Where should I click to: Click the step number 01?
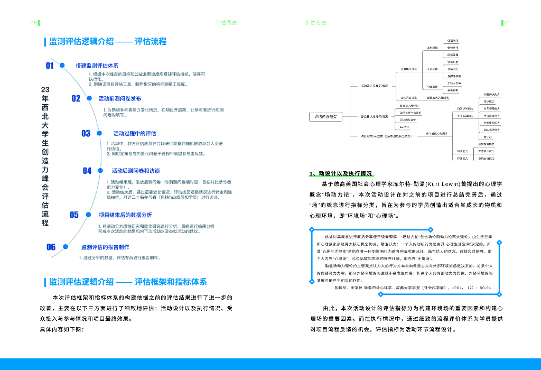pos(50,66)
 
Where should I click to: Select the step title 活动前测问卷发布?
pos(119,99)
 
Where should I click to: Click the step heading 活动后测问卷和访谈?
pos(135,171)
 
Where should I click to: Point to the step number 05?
pos(74,215)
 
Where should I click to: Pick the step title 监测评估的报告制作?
pos(105,247)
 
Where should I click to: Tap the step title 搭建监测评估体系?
pos(97,66)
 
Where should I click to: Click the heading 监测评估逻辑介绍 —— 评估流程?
pos(108,42)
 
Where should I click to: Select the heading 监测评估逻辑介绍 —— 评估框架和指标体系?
pos(128,282)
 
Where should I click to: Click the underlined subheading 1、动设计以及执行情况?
pos(341,173)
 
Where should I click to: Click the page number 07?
pos(507,23)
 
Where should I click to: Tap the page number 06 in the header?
pos(33,23)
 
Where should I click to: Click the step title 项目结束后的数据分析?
pos(125,215)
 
